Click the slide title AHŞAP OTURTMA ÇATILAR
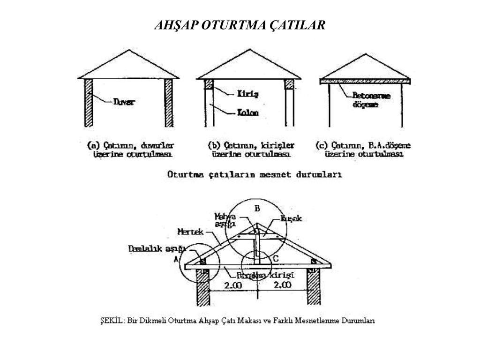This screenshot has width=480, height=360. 240,25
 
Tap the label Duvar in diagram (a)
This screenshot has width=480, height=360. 124,101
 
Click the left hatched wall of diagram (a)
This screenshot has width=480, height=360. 88,103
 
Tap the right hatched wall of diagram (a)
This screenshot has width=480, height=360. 168,103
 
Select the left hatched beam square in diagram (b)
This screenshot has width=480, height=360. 209,84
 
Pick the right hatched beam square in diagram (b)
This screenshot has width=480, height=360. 289,84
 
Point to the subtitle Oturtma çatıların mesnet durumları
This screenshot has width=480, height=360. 255,174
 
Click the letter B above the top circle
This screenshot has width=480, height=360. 257,208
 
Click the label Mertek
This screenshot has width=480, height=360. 190,232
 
